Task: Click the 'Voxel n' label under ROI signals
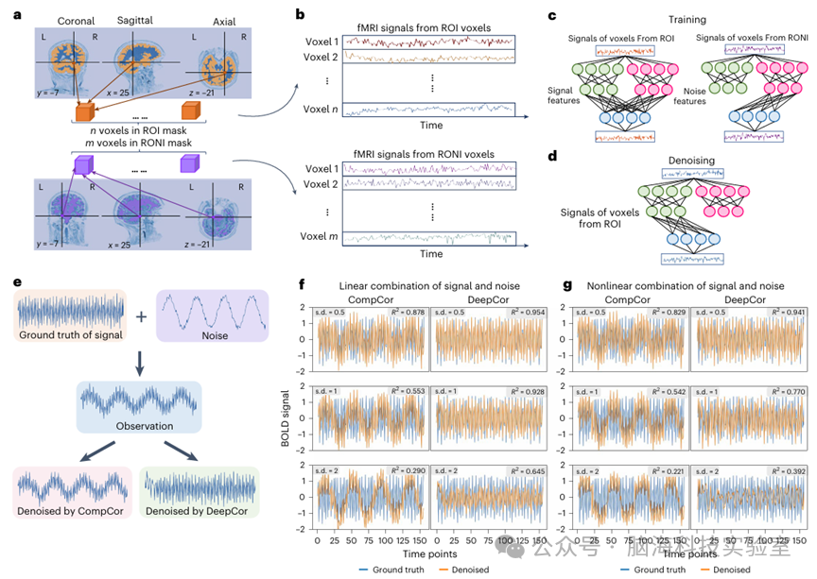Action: point(319,109)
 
